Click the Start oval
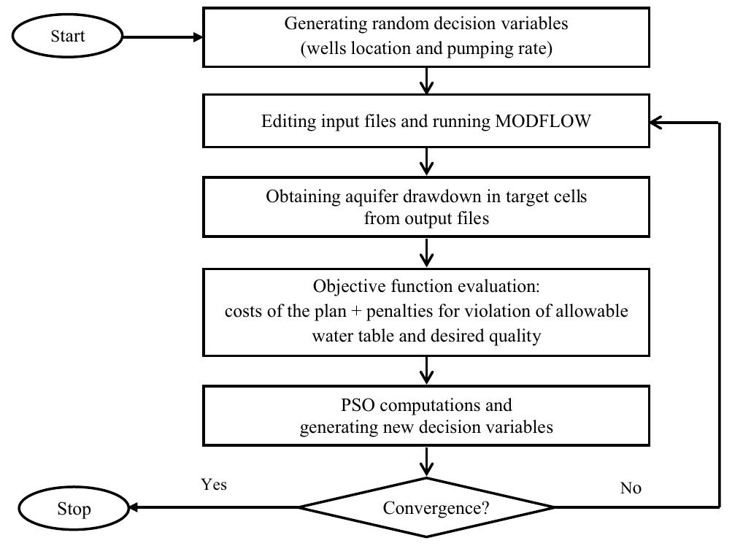click(x=67, y=36)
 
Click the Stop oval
click(x=74, y=508)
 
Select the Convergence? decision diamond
click(x=427, y=507)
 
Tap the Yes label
click(x=213, y=485)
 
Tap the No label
click(x=630, y=488)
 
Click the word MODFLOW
click(x=543, y=121)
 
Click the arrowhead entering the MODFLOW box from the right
click(x=657, y=122)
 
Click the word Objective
click(x=344, y=286)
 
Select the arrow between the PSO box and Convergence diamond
click(x=427, y=461)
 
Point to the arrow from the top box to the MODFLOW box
click(x=427, y=80)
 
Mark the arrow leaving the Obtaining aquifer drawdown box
click(x=427, y=253)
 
